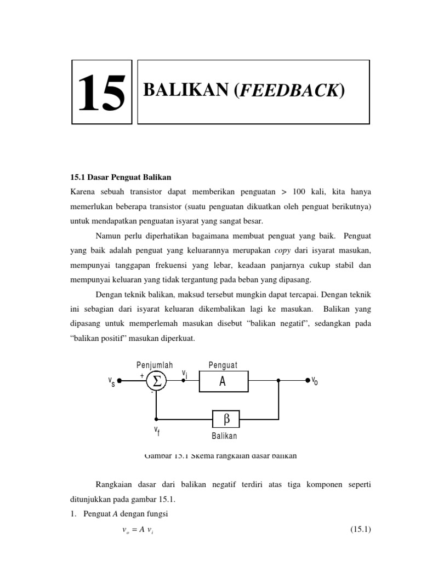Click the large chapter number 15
pos(102,93)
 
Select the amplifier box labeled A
pos(223,381)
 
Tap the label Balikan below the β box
pos(224,436)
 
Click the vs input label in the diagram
pos(111,381)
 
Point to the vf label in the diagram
pos(157,431)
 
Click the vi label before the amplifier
pos(185,374)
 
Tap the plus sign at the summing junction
pos(142,375)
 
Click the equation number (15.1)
pos(361,529)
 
